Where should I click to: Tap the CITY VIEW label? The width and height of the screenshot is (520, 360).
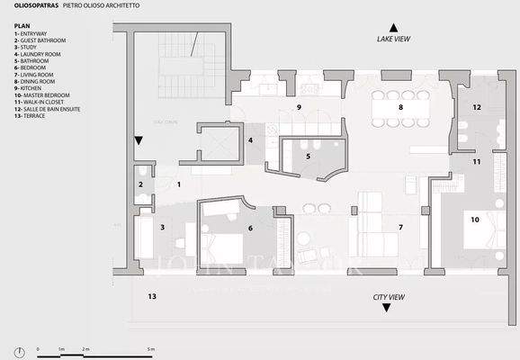click(x=387, y=296)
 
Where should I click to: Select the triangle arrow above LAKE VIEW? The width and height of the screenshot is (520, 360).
click(x=393, y=28)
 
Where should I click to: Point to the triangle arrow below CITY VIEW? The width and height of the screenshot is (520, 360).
click(x=387, y=308)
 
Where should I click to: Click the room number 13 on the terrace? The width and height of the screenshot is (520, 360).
click(x=152, y=296)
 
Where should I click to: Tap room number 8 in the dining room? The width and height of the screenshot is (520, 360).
click(x=401, y=107)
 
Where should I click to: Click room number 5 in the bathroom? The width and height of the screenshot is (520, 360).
click(x=308, y=157)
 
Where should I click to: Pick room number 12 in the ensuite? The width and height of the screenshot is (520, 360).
click(x=476, y=107)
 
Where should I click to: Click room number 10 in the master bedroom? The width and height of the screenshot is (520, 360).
click(x=474, y=219)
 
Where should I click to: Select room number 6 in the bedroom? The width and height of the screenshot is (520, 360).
click(x=251, y=228)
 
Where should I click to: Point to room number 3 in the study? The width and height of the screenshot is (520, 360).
click(x=162, y=228)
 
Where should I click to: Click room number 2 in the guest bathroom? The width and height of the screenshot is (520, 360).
click(x=140, y=184)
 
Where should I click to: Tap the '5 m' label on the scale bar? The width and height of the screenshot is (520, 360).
click(x=151, y=348)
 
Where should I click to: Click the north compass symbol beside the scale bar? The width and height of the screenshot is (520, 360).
click(x=18, y=350)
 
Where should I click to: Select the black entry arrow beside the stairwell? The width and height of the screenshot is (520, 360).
click(x=139, y=141)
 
